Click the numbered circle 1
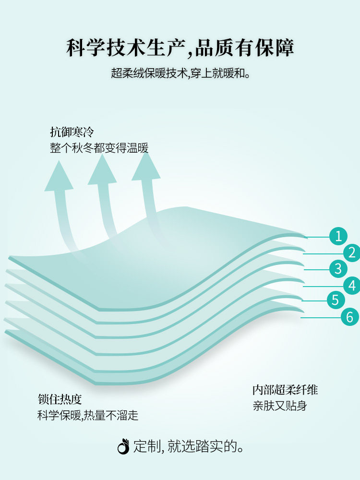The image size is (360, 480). click(x=338, y=236)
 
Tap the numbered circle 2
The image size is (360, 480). click(x=352, y=252)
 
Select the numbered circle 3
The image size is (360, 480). click(x=338, y=268)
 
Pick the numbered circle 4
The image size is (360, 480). click(x=352, y=286)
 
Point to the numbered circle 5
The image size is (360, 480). click(x=336, y=300)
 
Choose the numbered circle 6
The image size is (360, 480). click(x=349, y=317)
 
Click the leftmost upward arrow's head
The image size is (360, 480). click(x=58, y=178)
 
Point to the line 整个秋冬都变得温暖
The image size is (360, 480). click(x=99, y=148)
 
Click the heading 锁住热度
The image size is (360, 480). click(x=60, y=399)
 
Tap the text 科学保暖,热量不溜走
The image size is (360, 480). click(x=88, y=415)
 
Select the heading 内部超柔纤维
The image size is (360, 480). click(x=285, y=390)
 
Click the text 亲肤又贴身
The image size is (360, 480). click(x=280, y=406)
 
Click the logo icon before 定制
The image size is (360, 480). click(x=123, y=446)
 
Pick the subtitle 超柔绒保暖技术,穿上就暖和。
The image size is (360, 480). click(x=180, y=73)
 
